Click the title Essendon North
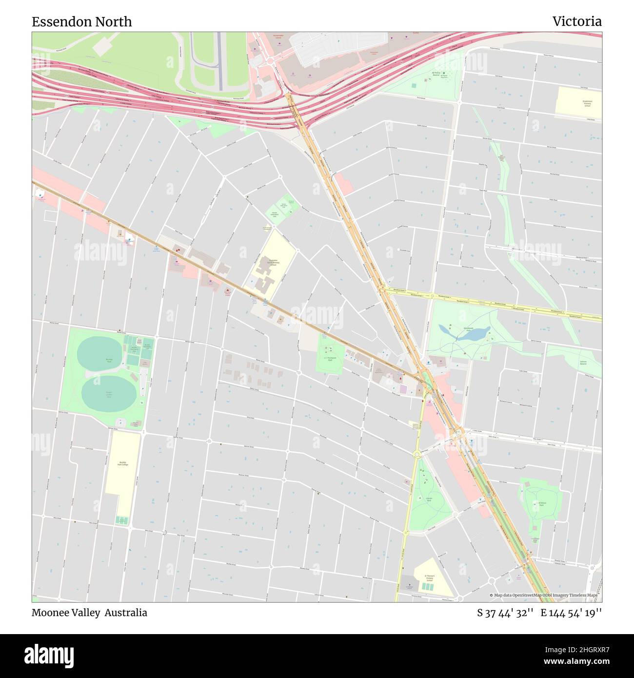click(x=81, y=22)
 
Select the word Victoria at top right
click(x=576, y=21)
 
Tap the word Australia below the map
click(x=125, y=613)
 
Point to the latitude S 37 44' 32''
click(x=505, y=613)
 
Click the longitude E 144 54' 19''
click(x=571, y=613)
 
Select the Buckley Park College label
click(x=122, y=463)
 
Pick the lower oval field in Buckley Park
click(x=108, y=393)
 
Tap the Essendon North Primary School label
click(x=273, y=263)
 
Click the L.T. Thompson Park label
click(x=330, y=359)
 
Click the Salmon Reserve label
click(x=583, y=363)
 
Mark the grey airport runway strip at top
click(x=219, y=61)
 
